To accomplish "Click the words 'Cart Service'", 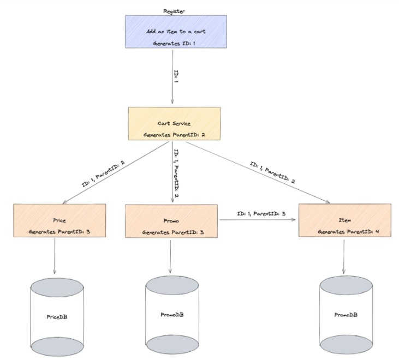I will [x=174, y=123].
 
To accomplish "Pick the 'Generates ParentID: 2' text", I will [x=174, y=134].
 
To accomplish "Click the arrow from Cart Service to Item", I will [x=257, y=171].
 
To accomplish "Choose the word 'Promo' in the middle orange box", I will [x=171, y=220].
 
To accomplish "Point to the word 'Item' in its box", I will [x=344, y=220].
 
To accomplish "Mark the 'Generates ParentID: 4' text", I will [x=345, y=231].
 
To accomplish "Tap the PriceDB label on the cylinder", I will [x=57, y=316].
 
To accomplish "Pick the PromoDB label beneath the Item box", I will [x=345, y=315].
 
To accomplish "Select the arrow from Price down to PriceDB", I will [x=55, y=256].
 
